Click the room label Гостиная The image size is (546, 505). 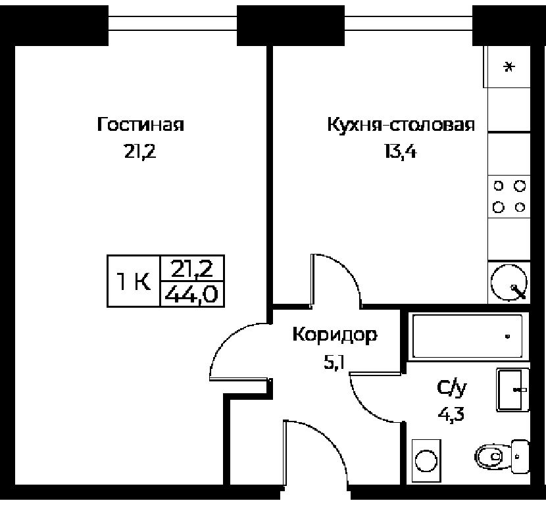pos(140,124)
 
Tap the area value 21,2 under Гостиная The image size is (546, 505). pos(140,152)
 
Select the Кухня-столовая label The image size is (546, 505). pos(401,124)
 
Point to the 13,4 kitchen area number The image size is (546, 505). pos(401,152)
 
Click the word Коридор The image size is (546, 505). pos(335,335)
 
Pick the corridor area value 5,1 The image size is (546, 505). pos(334,364)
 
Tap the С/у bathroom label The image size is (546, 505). pos(452,388)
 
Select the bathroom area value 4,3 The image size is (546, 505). pos(451,414)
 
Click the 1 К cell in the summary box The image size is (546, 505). pos(134,281)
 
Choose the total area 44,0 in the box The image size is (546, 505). pos(191,295)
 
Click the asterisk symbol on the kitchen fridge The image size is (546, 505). pos(509,66)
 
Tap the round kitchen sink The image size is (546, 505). pos(509,282)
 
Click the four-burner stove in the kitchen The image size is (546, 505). pos(509,197)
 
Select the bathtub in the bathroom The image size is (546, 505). pos(467,336)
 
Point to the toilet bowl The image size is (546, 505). pos(502,456)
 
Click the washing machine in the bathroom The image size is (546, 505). pos(426,460)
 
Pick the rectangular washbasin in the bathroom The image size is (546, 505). pos(512,389)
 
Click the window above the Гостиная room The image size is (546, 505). pos(173,23)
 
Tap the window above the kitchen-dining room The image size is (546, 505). pos(409,23)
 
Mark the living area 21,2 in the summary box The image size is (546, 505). pos(191,268)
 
